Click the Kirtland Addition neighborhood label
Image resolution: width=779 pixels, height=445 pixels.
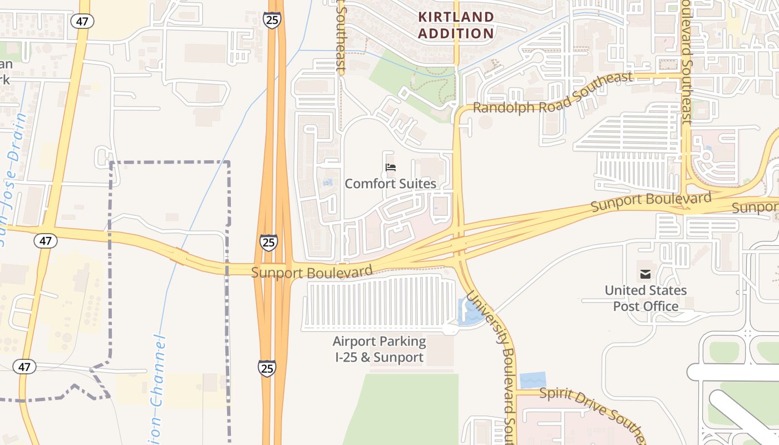456,25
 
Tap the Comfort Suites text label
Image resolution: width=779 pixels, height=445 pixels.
390,184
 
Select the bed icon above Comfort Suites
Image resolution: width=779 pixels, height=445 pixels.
391,167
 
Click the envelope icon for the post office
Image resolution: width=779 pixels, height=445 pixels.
645,274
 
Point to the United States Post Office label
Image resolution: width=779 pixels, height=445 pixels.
645,298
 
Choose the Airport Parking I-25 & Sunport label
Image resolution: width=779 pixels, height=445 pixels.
379,349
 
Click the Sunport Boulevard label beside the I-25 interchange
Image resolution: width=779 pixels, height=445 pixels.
312,272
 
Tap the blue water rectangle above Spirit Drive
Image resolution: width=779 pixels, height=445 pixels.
533,381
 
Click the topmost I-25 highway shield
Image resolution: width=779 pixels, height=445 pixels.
272,19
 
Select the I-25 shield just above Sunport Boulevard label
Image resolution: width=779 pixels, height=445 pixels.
268,243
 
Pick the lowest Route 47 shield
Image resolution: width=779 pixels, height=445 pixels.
24,367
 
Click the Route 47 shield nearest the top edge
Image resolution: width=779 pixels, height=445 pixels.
82,21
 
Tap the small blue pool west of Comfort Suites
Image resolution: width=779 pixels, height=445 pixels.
328,182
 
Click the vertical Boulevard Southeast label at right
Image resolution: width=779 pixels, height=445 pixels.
686,61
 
